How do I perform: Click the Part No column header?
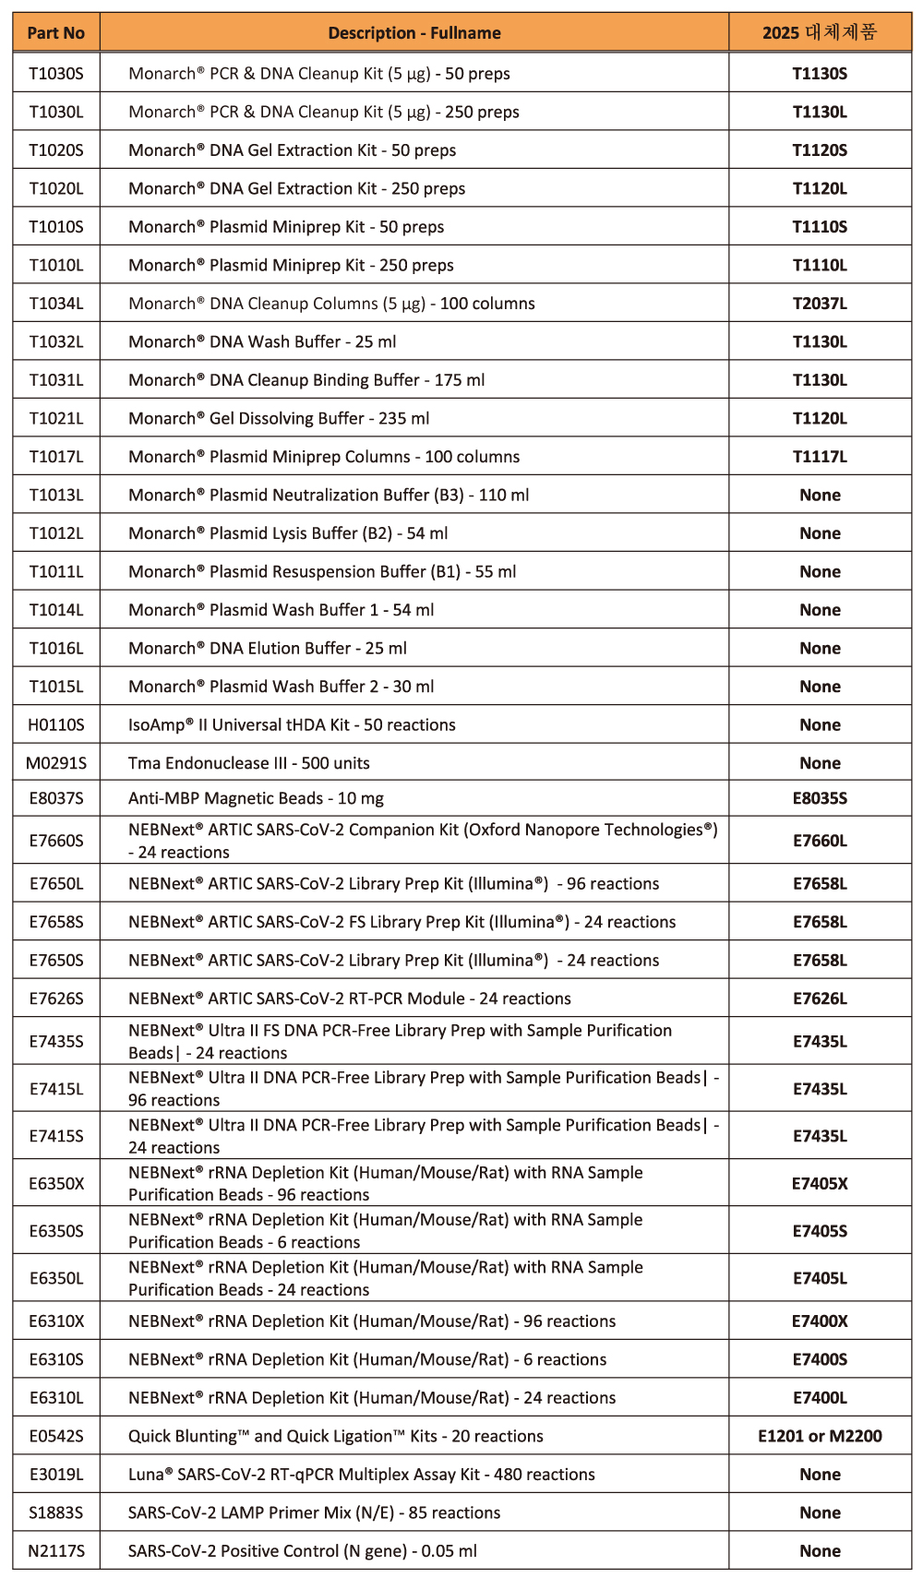(x=55, y=33)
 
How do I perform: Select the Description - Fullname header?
(x=414, y=33)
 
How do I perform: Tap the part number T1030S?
(x=55, y=74)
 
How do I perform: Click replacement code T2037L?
(x=820, y=304)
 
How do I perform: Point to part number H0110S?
(x=55, y=725)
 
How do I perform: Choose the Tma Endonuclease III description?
(x=248, y=763)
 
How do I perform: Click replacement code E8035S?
(x=820, y=798)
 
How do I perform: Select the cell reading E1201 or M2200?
(x=820, y=1436)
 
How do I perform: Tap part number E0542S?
(x=55, y=1436)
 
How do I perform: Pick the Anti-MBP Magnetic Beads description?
(x=256, y=798)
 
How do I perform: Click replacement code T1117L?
(x=820, y=457)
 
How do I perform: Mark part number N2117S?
(x=55, y=1551)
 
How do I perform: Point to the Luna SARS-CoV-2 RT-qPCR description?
(x=361, y=1475)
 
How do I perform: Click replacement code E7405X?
(x=820, y=1184)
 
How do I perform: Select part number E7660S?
(x=55, y=841)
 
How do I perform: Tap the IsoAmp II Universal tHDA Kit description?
(x=292, y=725)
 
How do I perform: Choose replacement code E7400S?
(x=820, y=1359)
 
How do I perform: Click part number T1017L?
(x=55, y=457)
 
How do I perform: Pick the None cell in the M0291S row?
(x=820, y=763)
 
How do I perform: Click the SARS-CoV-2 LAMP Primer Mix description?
(x=314, y=1513)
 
